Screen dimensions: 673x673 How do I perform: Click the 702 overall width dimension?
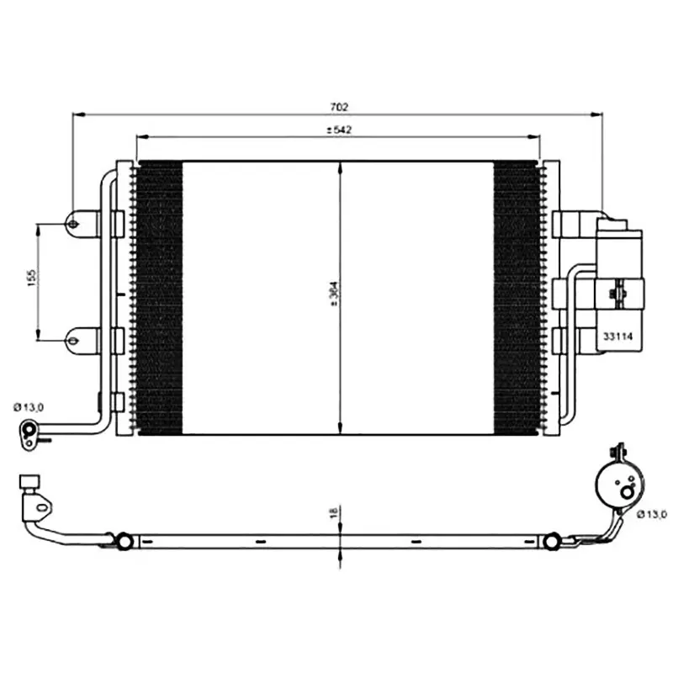click(x=339, y=107)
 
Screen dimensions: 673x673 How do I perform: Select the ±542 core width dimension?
click(x=339, y=130)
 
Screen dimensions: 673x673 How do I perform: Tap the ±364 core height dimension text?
click(x=335, y=294)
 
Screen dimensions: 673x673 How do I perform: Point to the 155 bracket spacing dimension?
click(x=31, y=278)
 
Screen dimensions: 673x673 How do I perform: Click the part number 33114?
click(x=618, y=336)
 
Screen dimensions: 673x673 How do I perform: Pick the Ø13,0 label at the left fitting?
click(x=29, y=407)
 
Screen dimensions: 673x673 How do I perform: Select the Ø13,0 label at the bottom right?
click(x=651, y=514)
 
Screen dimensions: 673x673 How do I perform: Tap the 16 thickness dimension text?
click(x=334, y=512)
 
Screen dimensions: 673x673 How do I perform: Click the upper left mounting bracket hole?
click(x=73, y=224)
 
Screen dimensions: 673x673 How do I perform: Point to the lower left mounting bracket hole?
click(x=73, y=342)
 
